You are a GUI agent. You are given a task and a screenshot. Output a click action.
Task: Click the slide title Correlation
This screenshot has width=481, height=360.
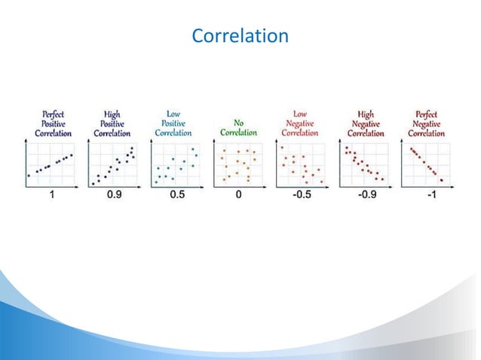240,35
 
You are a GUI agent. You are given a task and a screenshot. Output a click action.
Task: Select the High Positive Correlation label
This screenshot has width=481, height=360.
112,124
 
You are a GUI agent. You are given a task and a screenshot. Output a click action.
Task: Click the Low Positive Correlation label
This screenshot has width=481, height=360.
173,123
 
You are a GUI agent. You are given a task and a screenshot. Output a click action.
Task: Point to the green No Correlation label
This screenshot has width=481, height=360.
238,127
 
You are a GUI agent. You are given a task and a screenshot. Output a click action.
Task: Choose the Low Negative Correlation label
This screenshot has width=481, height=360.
300,123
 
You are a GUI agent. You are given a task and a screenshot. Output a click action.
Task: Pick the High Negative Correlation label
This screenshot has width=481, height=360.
365,124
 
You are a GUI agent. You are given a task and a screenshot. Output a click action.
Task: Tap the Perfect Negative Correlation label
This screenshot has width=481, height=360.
426,124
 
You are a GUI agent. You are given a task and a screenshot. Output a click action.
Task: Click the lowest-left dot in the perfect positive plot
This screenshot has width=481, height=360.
29,175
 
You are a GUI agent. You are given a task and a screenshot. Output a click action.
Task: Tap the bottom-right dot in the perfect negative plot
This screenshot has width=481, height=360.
441,179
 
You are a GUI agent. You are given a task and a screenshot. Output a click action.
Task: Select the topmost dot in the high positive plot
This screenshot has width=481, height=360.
133,148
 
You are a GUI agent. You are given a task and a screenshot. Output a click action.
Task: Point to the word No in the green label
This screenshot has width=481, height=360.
238,123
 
